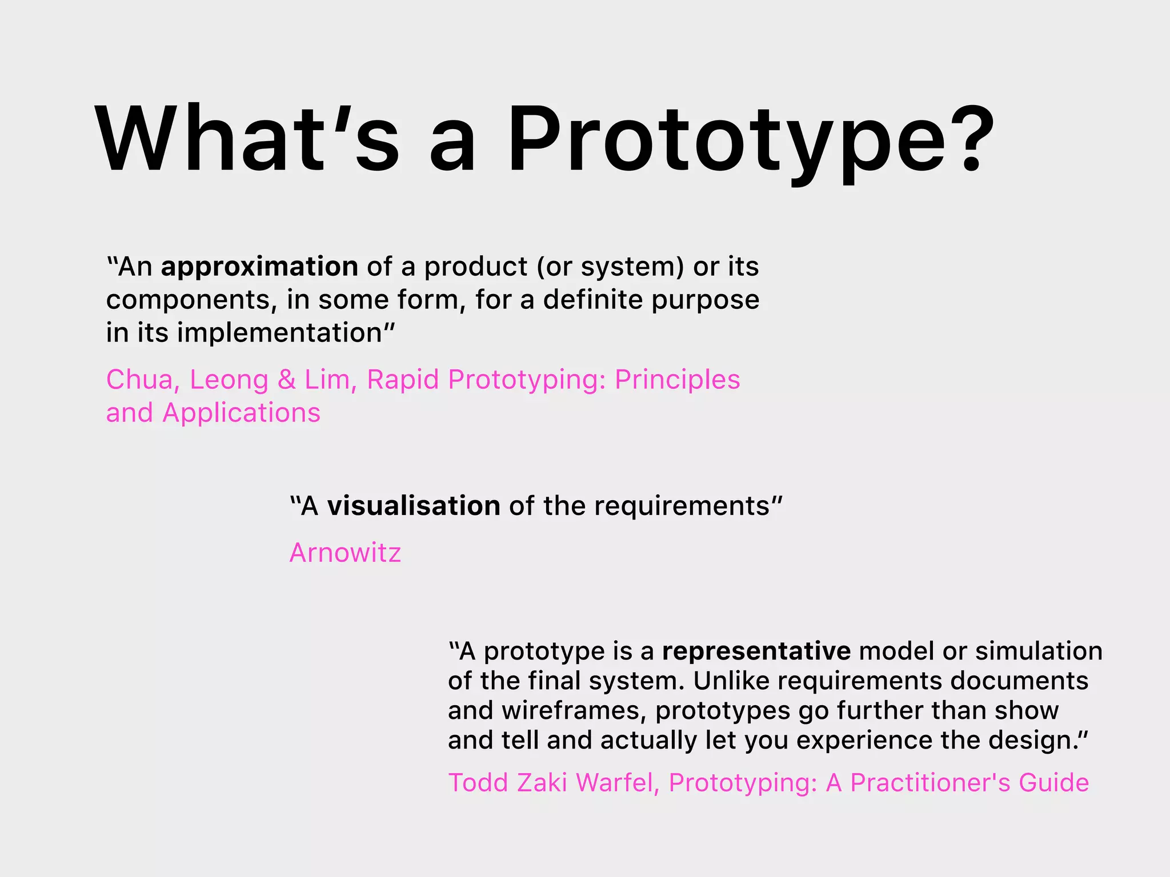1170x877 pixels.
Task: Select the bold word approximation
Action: point(259,267)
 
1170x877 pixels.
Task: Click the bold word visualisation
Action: point(414,506)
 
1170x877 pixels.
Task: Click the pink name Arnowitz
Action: point(345,553)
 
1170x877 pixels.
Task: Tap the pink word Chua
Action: point(139,380)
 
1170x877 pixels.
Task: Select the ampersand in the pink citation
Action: point(286,380)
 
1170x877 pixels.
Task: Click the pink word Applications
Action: point(241,413)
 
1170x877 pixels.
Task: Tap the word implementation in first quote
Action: point(279,333)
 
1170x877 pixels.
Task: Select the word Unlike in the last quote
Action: point(731,681)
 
